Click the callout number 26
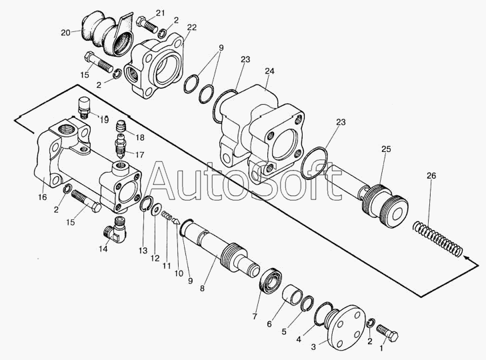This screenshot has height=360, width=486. pos(431,175)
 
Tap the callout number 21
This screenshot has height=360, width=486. pos(160,13)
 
